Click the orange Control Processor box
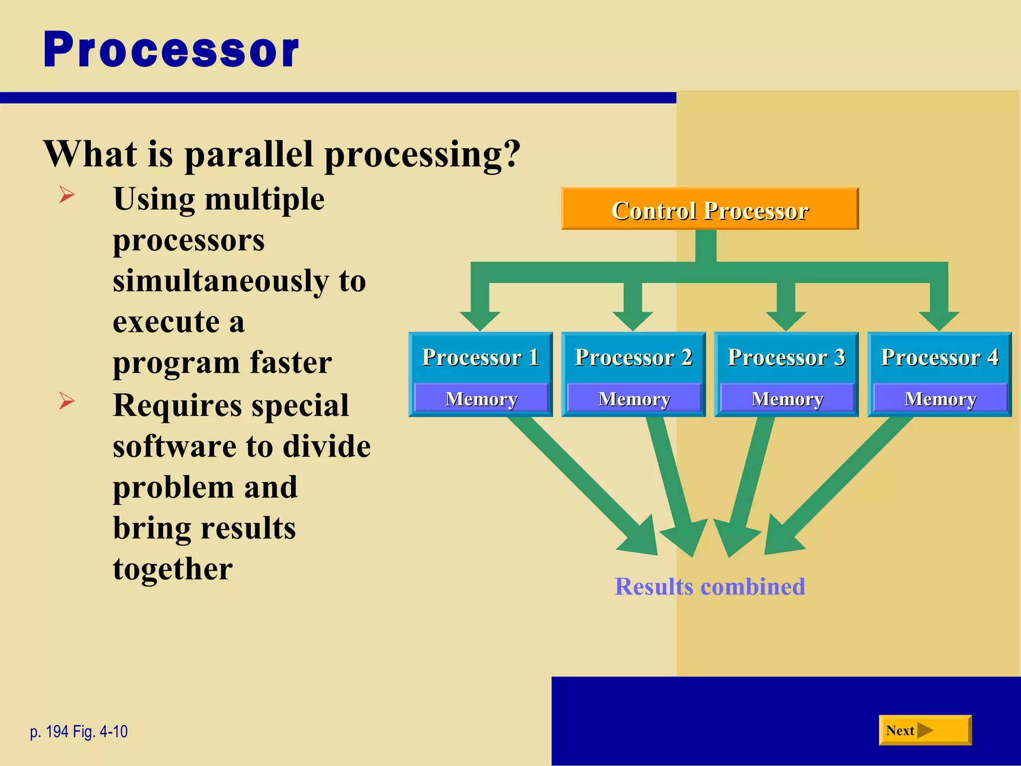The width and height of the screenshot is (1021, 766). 709,209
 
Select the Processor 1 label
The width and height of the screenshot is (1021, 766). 480,357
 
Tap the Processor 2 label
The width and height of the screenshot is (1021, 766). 633,357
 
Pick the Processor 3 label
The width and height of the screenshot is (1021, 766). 786,357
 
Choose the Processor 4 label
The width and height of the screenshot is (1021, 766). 939,357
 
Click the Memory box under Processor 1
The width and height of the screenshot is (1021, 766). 481,398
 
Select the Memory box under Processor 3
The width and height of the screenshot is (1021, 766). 787,398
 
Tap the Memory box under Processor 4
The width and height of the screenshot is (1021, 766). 940,398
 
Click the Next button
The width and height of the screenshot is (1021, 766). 925,730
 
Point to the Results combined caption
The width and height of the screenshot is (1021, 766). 709,586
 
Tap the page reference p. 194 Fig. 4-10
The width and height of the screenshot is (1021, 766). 79,732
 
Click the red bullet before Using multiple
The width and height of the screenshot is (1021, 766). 67,194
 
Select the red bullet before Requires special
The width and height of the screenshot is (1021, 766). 67,400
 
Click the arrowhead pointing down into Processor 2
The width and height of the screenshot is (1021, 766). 633,319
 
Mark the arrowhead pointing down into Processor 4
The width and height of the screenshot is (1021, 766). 939,319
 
